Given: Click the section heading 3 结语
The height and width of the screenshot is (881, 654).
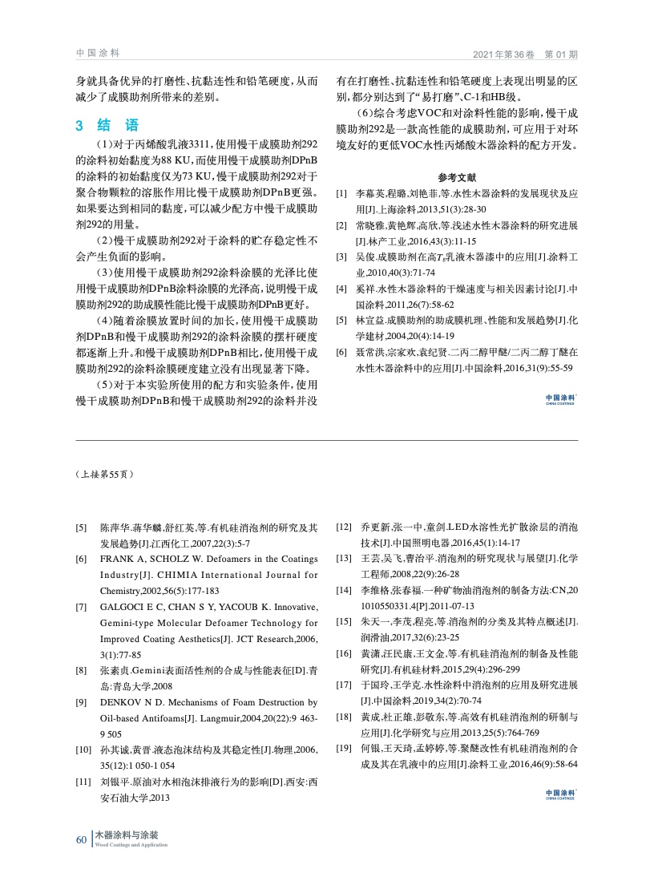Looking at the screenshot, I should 107,125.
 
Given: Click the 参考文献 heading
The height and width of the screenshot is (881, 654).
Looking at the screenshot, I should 457,177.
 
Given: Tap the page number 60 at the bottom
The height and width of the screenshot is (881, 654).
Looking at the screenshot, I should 80,839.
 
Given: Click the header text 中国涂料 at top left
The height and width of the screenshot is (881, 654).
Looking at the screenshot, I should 97,53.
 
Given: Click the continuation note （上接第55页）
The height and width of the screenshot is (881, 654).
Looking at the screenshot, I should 104,475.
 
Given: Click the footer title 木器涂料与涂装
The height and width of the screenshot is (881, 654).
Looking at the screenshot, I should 127,835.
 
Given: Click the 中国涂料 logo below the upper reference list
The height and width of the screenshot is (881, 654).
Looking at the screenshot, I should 559,399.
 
